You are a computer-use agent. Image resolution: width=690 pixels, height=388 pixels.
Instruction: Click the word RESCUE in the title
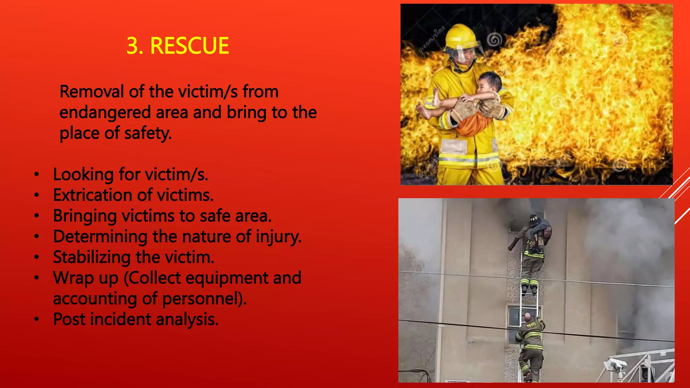(189, 46)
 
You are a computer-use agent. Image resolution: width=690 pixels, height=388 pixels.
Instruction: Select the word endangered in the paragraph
(105, 112)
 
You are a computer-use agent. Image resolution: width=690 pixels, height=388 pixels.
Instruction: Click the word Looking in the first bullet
(83, 175)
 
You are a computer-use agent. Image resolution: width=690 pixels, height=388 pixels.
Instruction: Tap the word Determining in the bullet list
(100, 236)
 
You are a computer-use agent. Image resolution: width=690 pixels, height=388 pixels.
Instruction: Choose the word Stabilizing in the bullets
(92, 257)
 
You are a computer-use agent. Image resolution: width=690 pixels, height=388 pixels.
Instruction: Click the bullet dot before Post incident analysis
(37, 319)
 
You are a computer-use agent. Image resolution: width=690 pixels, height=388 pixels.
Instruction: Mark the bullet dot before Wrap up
(37, 278)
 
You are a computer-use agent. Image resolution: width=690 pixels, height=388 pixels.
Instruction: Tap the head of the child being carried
(490, 83)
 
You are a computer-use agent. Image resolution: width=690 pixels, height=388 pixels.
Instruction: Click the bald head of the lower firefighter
(528, 317)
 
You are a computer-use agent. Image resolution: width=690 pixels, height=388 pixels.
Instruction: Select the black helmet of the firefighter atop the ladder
(534, 220)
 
